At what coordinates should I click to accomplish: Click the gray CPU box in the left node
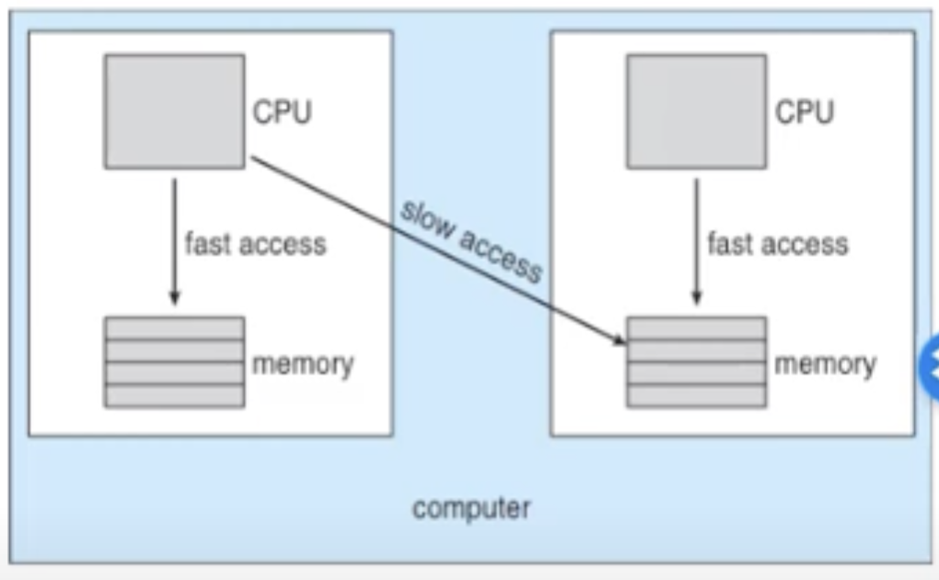click(x=174, y=111)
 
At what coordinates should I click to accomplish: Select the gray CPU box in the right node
click(x=697, y=111)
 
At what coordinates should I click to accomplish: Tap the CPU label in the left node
click(x=282, y=112)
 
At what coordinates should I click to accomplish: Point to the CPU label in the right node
click(x=805, y=112)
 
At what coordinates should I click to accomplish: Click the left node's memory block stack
click(x=174, y=363)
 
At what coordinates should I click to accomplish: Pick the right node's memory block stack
click(x=697, y=363)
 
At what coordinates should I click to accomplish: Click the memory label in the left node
click(x=303, y=365)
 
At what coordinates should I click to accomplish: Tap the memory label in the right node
click(x=825, y=365)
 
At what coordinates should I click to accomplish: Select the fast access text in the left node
click(x=256, y=244)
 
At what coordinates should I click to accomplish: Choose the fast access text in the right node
click(x=778, y=244)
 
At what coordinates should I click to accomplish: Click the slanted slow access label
click(x=472, y=241)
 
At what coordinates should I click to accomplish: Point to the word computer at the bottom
click(x=471, y=509)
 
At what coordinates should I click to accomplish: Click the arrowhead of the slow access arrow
click(x=620, y=341)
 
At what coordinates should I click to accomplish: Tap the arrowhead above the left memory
click(x=174, y=297)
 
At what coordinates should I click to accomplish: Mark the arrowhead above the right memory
click(x=697, y=297)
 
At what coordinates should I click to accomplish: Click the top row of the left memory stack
click(x=174, y=329)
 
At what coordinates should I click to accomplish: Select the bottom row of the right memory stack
click(x=697, y=397)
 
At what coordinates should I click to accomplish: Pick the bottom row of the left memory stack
click(x=174, y=397)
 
